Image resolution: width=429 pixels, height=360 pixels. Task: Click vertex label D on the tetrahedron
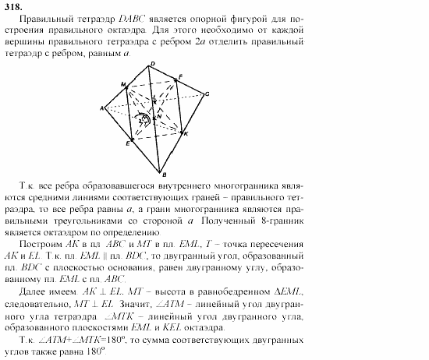pyautogui.click(x=151, y=63)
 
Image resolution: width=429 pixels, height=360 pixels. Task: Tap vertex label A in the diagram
pyautogui.click(x=102, y=108)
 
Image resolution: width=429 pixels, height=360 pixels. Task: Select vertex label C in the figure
pyautogui.click(x=207, y=94)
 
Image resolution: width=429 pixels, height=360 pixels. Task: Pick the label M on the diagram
pyautogui.click(x=123, y=83)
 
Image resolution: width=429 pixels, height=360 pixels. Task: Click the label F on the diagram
pyautogui.click(x=180, y=76)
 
